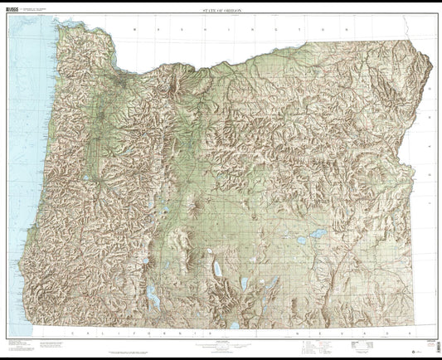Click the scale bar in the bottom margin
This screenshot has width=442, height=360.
click(221, 343)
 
